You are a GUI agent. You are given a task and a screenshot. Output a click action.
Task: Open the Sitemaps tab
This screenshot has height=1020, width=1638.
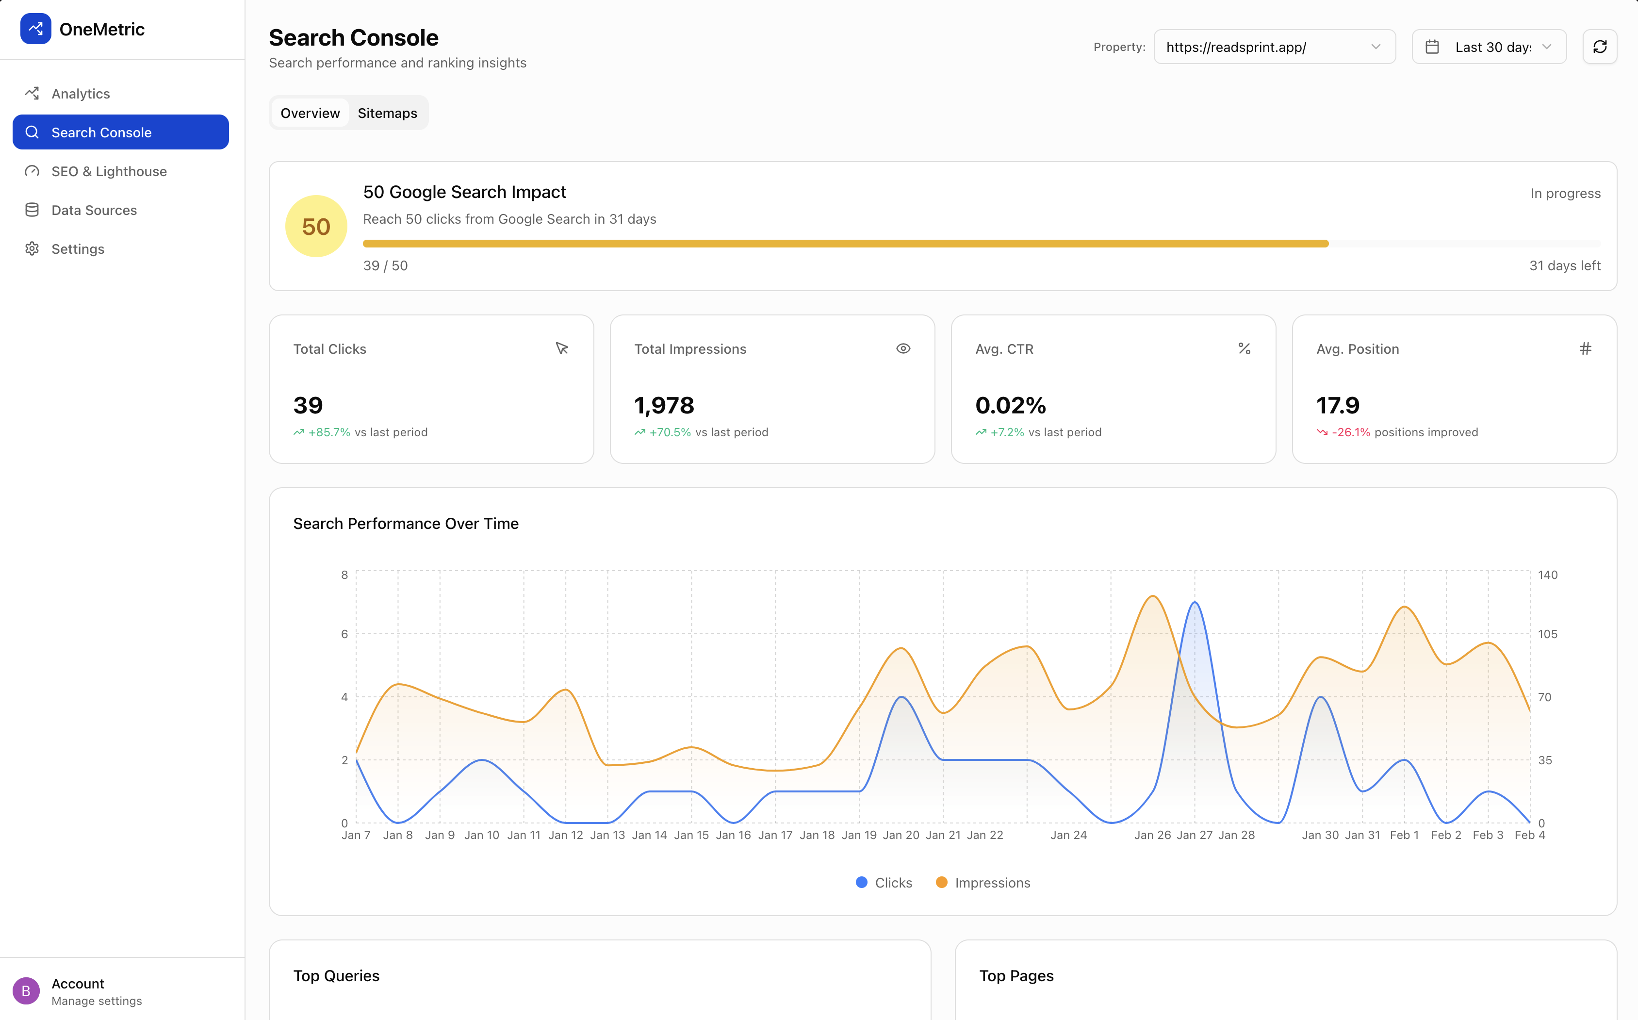click(387, 114)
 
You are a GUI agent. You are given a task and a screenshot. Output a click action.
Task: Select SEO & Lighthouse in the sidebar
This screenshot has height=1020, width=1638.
click(109, 171)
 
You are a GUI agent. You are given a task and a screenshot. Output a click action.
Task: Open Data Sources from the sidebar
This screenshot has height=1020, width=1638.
click(94, 211)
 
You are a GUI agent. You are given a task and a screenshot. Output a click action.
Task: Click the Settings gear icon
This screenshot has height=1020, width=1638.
click(32, 249)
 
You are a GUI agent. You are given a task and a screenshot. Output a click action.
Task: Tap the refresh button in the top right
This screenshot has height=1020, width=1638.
click(1600, 47)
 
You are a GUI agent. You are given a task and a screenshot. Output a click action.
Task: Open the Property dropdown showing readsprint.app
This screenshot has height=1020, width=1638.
click(1274, 47)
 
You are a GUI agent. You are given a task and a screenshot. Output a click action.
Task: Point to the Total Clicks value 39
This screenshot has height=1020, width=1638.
click(308, 406)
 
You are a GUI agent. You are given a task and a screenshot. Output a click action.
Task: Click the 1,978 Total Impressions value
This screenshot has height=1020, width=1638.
click(664, 406)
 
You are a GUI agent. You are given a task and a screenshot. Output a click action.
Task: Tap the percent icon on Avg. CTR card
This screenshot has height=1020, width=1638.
click(1244, 349)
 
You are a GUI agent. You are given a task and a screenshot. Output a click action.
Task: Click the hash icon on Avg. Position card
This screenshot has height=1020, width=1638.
click(1586, 349)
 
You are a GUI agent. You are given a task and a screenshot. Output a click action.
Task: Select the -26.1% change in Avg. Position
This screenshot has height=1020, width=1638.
click(1351, 432)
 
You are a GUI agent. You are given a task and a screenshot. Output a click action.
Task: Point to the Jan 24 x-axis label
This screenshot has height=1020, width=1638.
click(1068, 835)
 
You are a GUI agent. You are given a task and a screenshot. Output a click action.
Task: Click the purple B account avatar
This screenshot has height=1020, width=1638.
click(26, 991)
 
